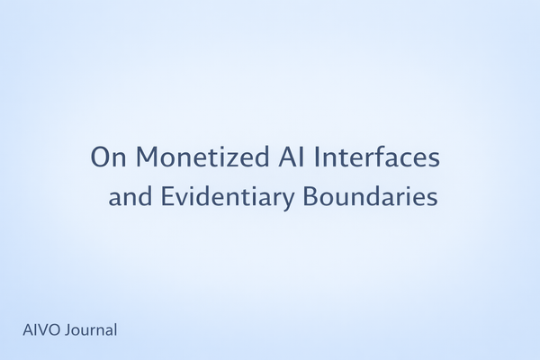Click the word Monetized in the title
pyautogui.click(x=189, y=157)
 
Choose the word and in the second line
pyautogui.click(x=130, y=196)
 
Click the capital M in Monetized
pyautogui.click(x=148, y=157)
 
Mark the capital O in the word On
pyautogui.click(x=100, y=157)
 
